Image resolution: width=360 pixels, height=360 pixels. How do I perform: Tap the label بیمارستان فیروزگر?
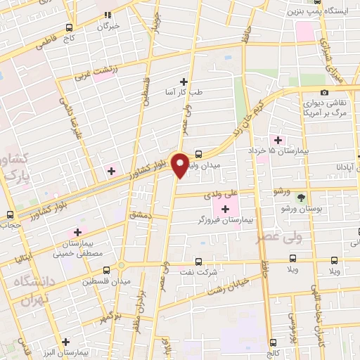pyautogui.click(x=226, y=220)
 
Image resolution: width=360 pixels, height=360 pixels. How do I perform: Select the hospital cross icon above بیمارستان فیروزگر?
pyautogui.click(x=226, y=209)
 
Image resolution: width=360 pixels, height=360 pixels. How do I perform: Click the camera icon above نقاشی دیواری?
pyautogui.click(x=324, y=92)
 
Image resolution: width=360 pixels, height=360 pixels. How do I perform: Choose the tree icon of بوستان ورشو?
pyautogui.click(x=301, y=198)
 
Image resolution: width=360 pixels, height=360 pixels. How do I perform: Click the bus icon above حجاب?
pyautogui.click(x=9, y=214)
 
